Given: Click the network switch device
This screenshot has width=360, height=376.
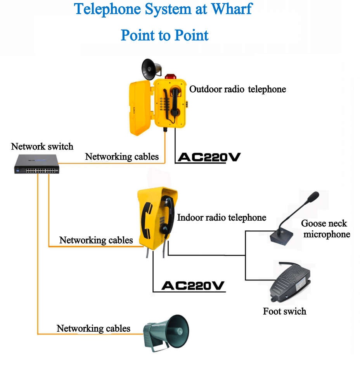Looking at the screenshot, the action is [36, 164].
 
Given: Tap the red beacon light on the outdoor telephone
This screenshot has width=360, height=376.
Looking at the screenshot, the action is [171, 77].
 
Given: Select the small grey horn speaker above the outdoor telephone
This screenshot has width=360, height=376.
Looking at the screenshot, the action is [151, 69].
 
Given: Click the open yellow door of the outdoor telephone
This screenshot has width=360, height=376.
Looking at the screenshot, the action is [140, 108].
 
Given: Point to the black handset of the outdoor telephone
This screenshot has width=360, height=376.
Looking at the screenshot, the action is [175, 103].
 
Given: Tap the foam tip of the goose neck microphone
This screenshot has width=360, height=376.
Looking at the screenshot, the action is [313, 197].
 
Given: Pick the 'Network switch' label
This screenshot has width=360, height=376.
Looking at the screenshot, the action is [42, 146].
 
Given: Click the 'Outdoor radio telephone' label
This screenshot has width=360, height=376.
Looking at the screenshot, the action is [237, 89].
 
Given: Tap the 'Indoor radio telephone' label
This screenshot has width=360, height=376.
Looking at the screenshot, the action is [222, 218].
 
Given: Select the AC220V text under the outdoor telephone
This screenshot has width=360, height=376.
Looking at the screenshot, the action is [209, 157].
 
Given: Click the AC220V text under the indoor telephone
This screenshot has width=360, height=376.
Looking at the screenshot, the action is [193, 285].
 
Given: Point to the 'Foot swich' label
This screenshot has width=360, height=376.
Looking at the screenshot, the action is [285, 311].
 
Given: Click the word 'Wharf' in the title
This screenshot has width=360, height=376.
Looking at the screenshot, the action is [232, 9].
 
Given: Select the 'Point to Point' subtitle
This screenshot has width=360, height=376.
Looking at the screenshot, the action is [164, 35].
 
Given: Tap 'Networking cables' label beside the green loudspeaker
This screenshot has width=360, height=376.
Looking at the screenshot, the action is [93, 329].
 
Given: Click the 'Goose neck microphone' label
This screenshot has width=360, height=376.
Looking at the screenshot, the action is [325, 229].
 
